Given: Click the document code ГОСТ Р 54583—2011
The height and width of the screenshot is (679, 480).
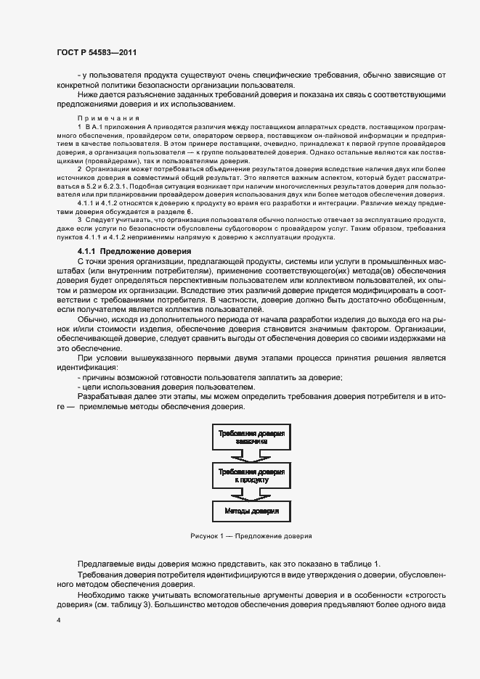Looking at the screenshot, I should point(96,52).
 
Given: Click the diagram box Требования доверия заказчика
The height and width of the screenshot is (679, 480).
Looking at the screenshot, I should point(251,436).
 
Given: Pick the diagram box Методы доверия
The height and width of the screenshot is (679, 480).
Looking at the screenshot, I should point(251,511).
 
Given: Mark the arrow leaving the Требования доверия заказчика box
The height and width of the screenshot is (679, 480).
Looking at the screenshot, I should point(251,456).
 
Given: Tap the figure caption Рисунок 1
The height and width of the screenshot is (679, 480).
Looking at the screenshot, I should point(251,537).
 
